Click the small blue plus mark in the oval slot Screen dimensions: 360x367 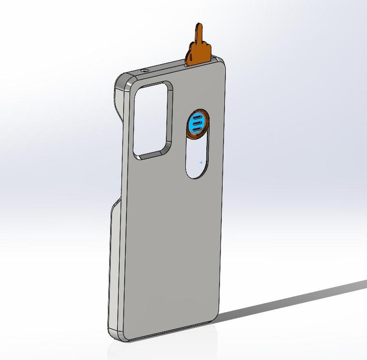[201, 162]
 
